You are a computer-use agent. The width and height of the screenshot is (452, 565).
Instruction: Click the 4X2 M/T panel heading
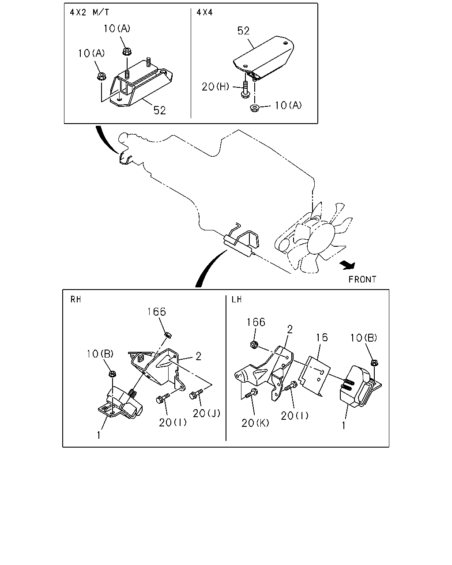[x=89, y=12]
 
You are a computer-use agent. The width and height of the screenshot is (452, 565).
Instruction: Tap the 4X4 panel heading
[x=205, y=12]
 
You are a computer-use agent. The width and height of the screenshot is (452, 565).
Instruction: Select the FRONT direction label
[x=362, y=279]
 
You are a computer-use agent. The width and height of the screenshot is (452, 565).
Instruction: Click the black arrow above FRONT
[x=348, y=265]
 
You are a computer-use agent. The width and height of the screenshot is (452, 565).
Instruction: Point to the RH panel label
[x=75, y=300]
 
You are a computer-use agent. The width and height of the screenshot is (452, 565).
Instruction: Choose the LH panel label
[x=237, y=300]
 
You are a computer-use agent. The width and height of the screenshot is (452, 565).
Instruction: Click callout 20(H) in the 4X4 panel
[x=215, y=87]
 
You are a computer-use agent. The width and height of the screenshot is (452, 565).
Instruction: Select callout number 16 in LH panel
[x=322, y=338]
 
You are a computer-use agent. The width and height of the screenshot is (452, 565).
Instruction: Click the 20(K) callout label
[x=255, y=423]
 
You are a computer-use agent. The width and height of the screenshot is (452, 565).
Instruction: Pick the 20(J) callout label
[x=207, y=414]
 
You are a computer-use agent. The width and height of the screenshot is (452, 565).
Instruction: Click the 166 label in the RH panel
[x=157, y=312]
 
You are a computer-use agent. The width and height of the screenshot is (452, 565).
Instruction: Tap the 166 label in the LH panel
[x=256, y=322]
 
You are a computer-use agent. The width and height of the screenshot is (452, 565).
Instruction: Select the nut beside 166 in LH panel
[x=254, y=344]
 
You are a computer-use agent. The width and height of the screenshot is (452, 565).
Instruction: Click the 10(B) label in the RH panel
[x=100, y=354]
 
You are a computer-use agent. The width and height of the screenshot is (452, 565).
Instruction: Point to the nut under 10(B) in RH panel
[x=113, y=373]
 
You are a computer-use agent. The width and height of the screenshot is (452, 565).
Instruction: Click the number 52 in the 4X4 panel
[x=243, y=31]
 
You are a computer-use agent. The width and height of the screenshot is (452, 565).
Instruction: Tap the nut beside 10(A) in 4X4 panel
[x=254, y=108]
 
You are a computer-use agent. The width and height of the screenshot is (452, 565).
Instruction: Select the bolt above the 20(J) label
[x=196, y=394]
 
